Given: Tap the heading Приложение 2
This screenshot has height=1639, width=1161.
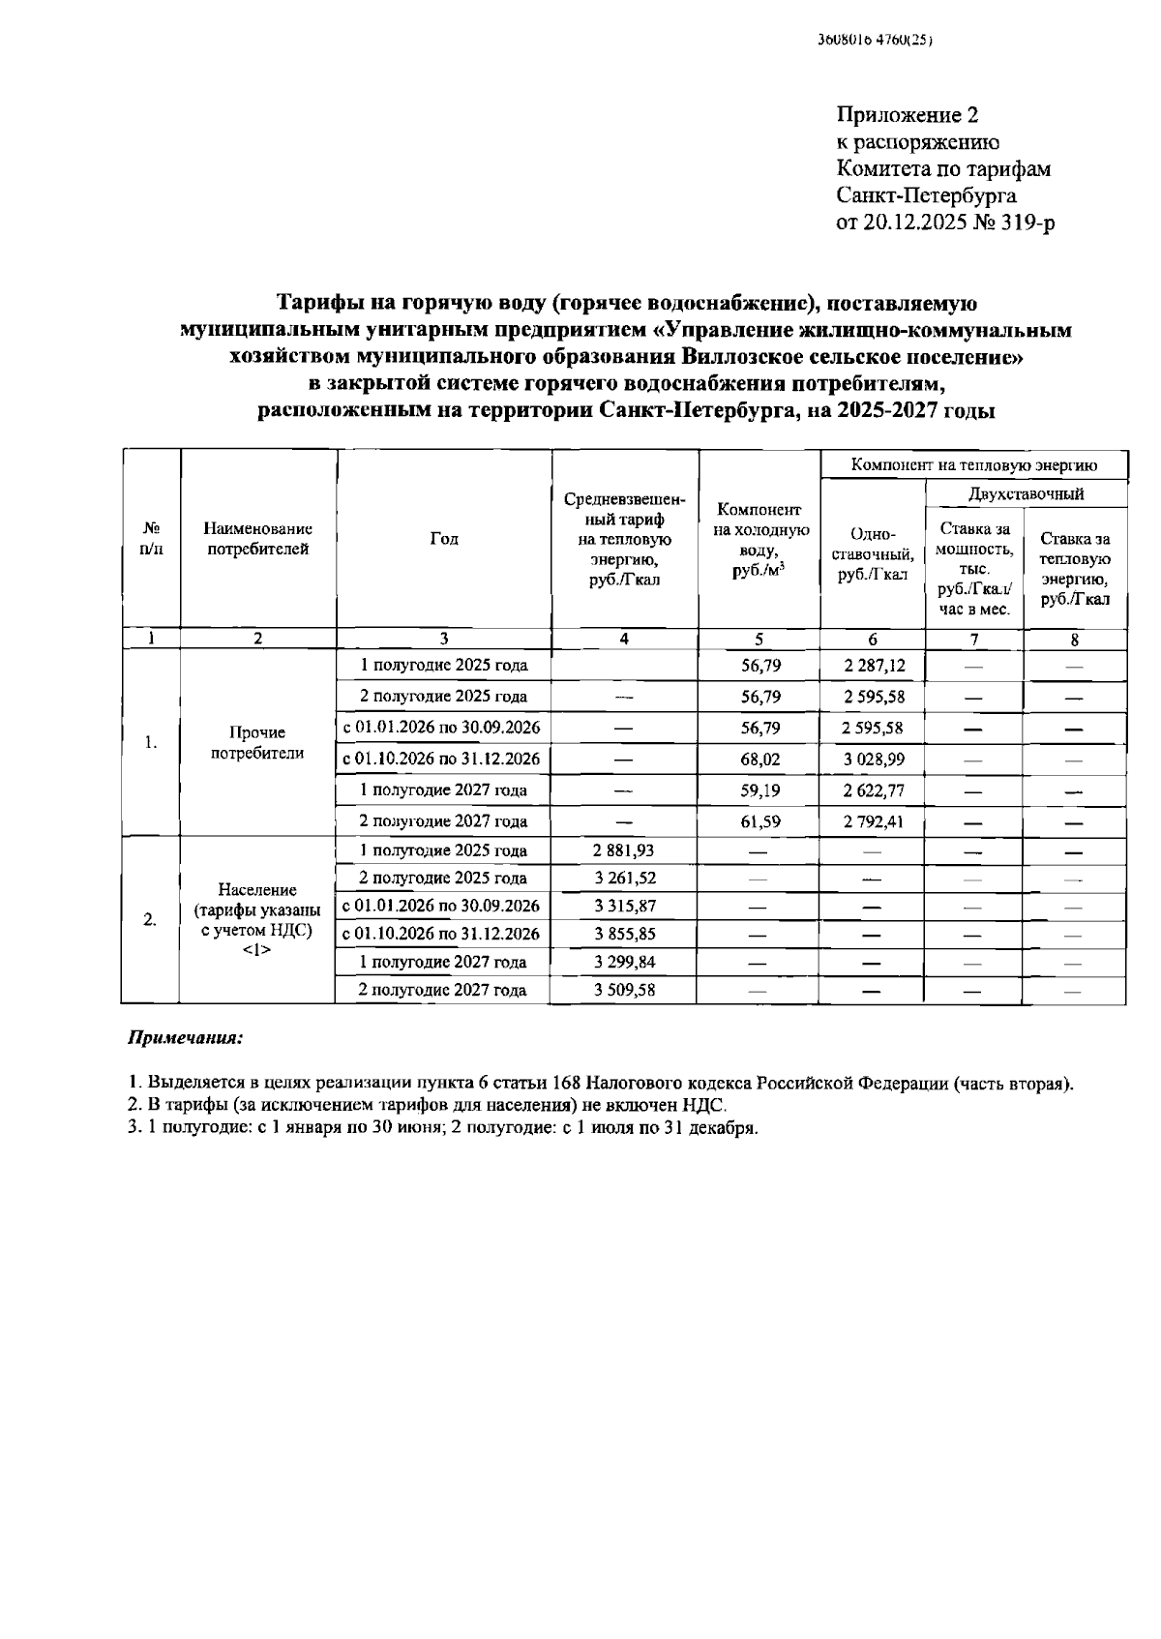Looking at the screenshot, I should tap(907, 115).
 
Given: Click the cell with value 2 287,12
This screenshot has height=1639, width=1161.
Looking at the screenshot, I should tap(873, 666).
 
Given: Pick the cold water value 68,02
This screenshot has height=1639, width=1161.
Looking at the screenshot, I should tap(760, 760).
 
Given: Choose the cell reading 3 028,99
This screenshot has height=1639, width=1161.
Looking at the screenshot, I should tap(873, 760).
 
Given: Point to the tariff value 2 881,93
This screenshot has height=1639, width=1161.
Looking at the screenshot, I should tap(624, 850).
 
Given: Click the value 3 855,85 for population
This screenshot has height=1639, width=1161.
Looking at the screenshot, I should tap(624, 935).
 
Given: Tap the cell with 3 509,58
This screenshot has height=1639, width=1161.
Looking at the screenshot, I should tap(624, 990).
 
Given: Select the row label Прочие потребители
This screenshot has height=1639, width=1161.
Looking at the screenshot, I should tap(257, 743).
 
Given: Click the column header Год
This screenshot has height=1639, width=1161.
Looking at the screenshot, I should tap(444, 539).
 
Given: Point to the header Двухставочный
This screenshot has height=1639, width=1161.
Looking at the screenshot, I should tap(1026, 493).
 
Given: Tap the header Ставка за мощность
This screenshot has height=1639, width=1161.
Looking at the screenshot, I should tap(974, 568).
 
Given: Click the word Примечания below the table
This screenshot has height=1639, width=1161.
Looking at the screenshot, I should tap(186, 1038).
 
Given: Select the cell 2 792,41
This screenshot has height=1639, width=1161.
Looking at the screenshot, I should tap(873, 821).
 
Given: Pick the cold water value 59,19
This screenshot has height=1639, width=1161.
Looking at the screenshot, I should tap(760, 790).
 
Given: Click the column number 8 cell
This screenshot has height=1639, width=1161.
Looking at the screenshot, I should tap(1075, 639).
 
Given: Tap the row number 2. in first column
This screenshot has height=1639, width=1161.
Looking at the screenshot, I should tap(150, 920).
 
